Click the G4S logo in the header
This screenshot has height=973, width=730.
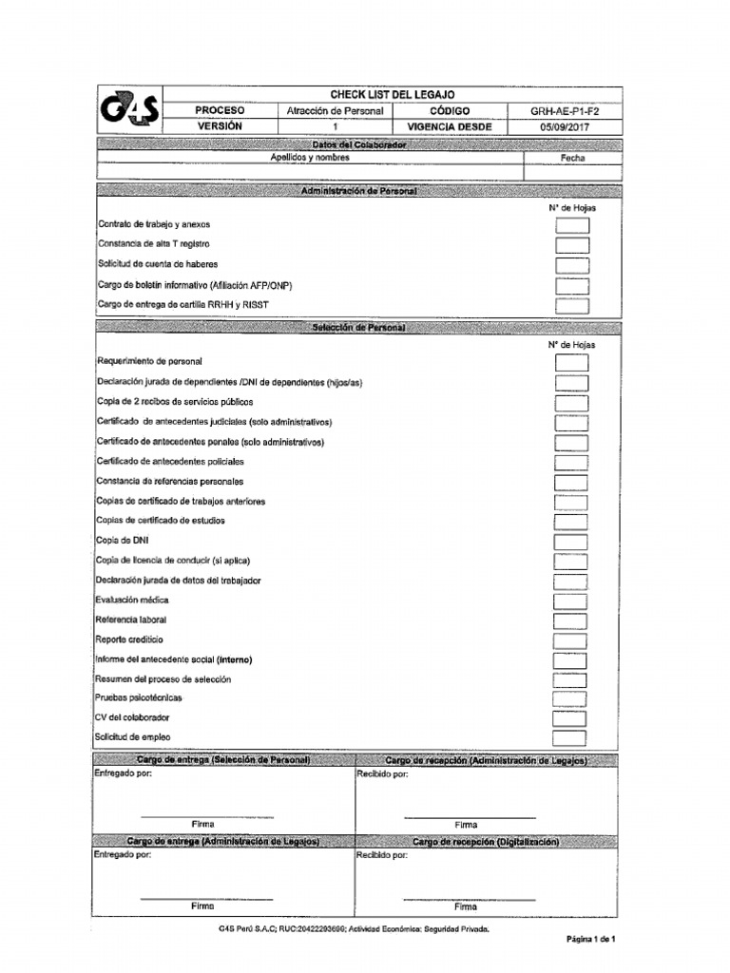pos(129,112)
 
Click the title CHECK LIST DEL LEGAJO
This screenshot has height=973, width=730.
pos(392,95)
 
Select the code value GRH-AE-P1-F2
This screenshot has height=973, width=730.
pos(564,111)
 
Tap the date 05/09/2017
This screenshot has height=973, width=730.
pos(564,126)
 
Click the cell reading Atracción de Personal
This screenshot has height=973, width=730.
pos(335,111)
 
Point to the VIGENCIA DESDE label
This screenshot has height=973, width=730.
pos(450,126)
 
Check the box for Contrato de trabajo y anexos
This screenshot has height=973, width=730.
pos(571,225)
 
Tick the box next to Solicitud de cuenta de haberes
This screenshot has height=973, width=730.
pos(571,265)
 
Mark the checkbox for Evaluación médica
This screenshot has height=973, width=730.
pos(571,601)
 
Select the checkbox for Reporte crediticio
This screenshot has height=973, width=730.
pos(571,640)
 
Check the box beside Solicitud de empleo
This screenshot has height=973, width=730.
pos(571,738)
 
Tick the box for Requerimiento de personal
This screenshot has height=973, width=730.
pos(571,363)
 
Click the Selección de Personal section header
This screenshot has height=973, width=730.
pos(358,328)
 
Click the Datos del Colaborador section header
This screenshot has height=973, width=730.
pos(358,144)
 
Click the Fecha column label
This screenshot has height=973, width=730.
pos(572,159)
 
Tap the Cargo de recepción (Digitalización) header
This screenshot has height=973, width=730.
pos(486,843)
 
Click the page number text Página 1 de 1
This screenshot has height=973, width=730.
pos(591,939)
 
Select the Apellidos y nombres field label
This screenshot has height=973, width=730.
pos(310,159)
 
